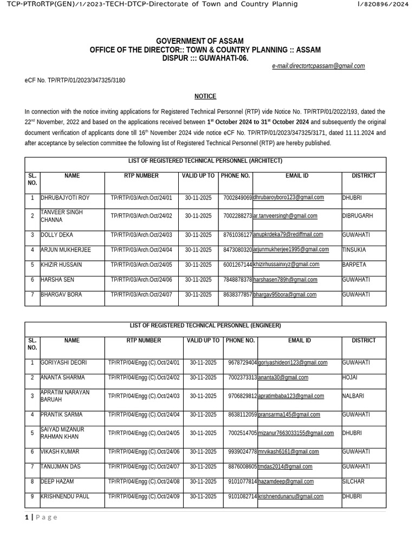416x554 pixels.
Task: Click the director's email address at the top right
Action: click(x=318, y=66)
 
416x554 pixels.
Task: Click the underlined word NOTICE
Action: click(x=205, y=96)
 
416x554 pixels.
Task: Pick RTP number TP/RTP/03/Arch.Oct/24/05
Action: click(x=141, y=265)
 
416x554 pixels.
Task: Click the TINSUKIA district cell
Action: click(x=354, y=250)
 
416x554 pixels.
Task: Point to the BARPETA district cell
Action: click(x=354, y=265)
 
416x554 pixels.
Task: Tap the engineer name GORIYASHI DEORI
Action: click(x=63, y=362)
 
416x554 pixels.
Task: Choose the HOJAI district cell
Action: click(x=350, y=378)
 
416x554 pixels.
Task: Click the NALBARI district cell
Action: click(x=353, y=396)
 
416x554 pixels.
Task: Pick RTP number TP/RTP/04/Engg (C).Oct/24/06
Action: click(x=144, y=452)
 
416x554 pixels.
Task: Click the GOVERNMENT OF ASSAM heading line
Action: click(x=200, y=42)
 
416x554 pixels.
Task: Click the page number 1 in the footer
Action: click(x=27, y=518)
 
